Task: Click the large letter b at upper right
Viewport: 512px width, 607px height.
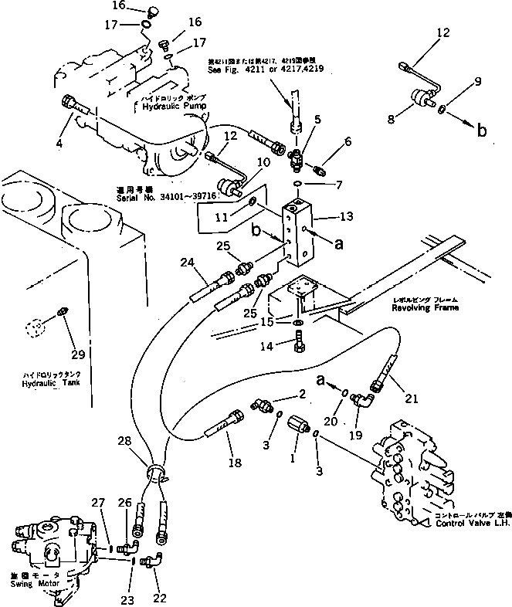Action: tap(481, 130)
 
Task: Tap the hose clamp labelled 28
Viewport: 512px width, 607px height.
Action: tap(155, 473)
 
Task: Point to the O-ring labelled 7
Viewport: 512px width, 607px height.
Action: tap(298, 184)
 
